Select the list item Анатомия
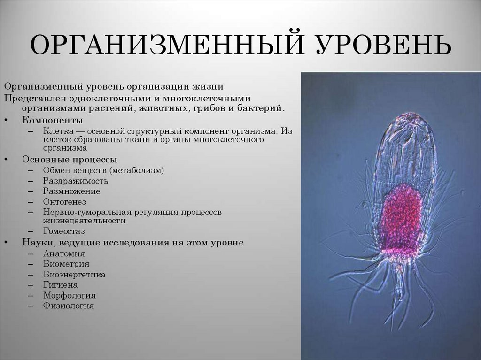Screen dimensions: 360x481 pyautogui.click(x=64, y=253)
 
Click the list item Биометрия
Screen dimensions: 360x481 pyautogui.click(x=66, y=264)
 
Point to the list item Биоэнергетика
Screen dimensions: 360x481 pyautogui.click(x=74, y=275)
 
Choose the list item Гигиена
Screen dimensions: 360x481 pyautogui.click(x=61, y=285)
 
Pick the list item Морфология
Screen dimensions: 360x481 pyautogui.click(x=70, y=295)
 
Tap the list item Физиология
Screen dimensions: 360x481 pyautogui.click(x=69, y=306)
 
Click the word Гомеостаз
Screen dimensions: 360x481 pyautogui.click(x=64, y=231)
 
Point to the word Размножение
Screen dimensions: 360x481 pyautogui.click(x=71, y=191)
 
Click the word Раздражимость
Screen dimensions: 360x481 pyautogui.click(x=76, y=181)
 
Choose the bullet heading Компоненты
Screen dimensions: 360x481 pyautogui.click(x=52, y=120)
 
